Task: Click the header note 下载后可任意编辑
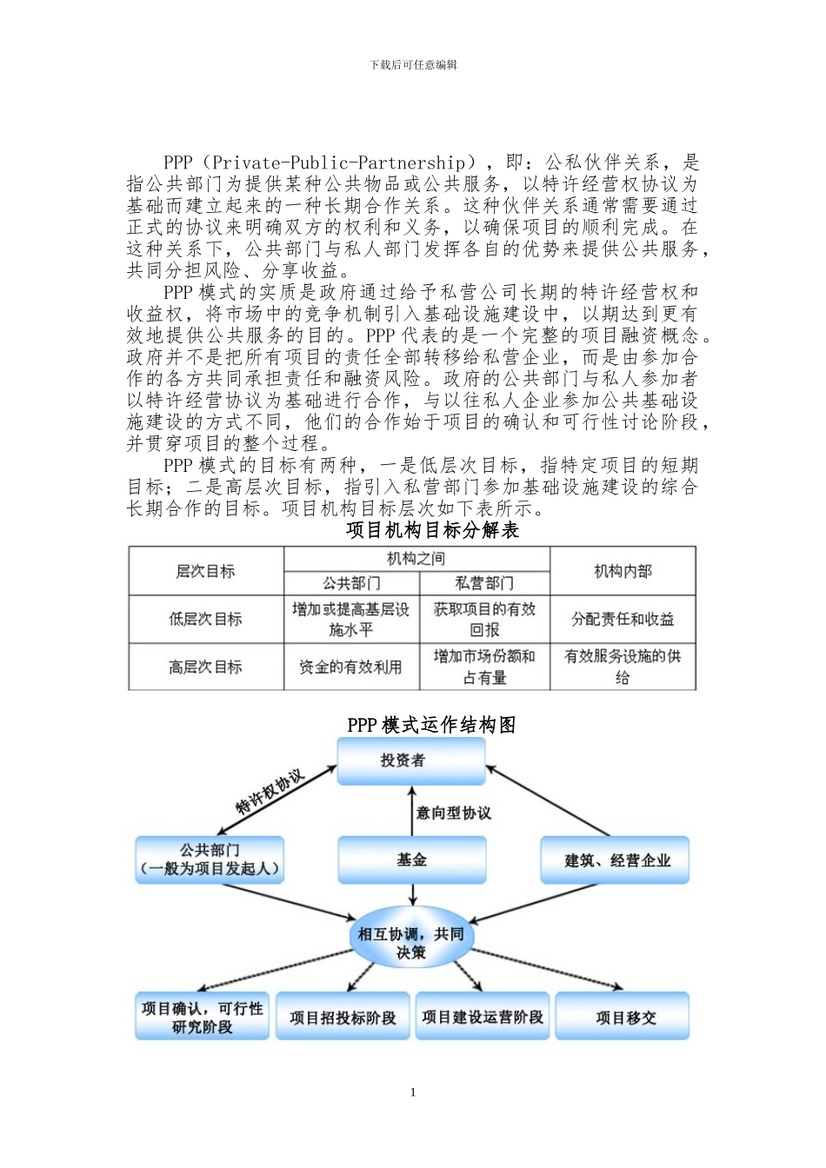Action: click(x=413, y=65)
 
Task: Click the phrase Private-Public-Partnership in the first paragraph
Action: click(x=339, y=163)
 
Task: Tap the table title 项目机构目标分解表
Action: click(x=432, y=530)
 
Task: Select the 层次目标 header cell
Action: click(x=205, y=571)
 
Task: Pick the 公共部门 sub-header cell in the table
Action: click(x=351, y=583)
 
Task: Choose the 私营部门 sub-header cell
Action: click(x=484, y=583)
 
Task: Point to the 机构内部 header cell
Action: click(x=623, y=571)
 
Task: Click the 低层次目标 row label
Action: click(x=205, y=619)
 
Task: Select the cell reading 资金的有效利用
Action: click(x=351, y=667)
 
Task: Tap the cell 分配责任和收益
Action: click(x=623, y=619)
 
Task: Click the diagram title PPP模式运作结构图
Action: click(x=431, y=725)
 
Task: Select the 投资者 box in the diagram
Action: click(x=410, y=761)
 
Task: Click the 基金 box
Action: click(x=411, y=859)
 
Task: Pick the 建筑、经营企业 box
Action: click(x=616, y=860)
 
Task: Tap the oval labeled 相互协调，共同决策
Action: click(x=411, y=943)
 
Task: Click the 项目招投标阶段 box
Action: click(x=343, y=1017)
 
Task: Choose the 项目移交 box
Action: click(x=623, y=1017)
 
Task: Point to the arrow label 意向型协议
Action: click(x=453, y=813)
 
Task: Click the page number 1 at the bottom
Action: click(x=413, y=1092)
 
